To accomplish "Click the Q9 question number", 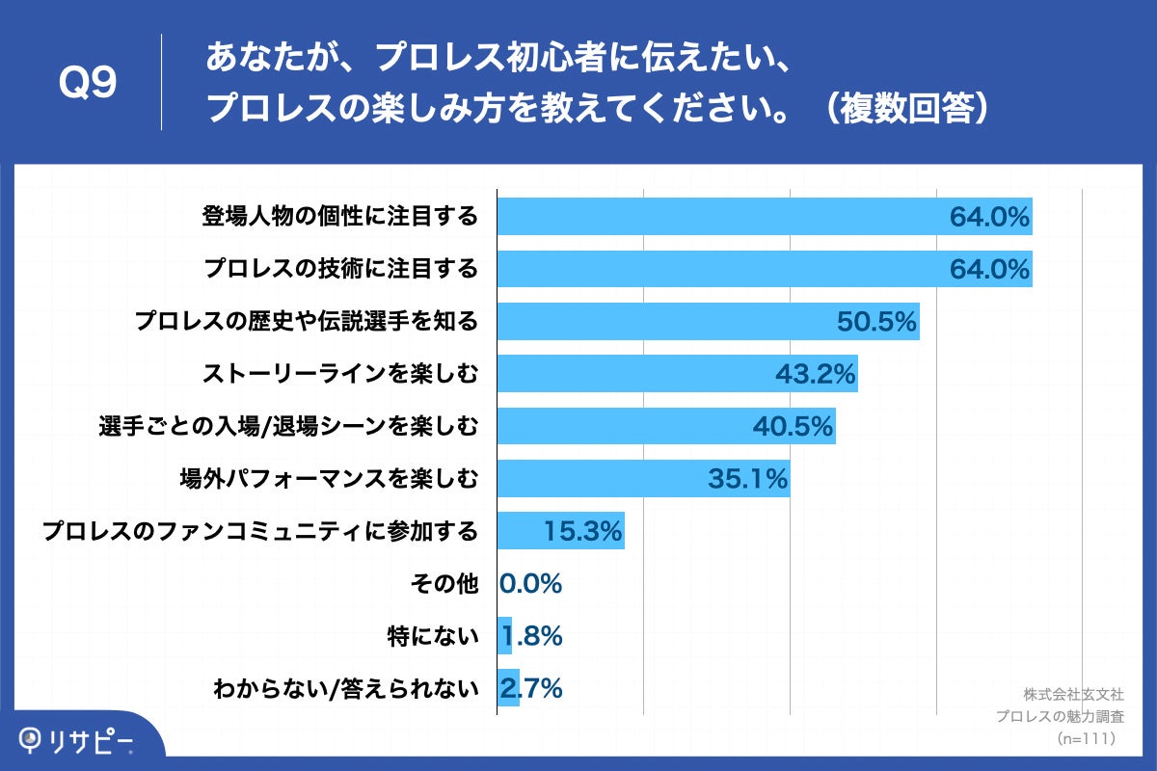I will click(88, 85).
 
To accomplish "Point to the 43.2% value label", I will click(816, 374).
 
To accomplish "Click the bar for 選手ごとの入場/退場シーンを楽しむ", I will click(665, 426).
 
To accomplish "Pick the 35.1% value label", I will click(748, 478).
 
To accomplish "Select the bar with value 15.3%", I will click(560, 531).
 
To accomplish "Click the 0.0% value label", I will click(531, 583).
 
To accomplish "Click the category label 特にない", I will click(432, 636).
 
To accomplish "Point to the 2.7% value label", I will click(531, 688).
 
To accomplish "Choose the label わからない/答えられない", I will click(346, 688).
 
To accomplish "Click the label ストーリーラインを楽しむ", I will click(339, 374).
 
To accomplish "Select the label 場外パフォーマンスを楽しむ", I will click(328, 478).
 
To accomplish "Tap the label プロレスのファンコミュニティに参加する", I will click(260, 531).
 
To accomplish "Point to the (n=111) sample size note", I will click(1087, 739).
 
